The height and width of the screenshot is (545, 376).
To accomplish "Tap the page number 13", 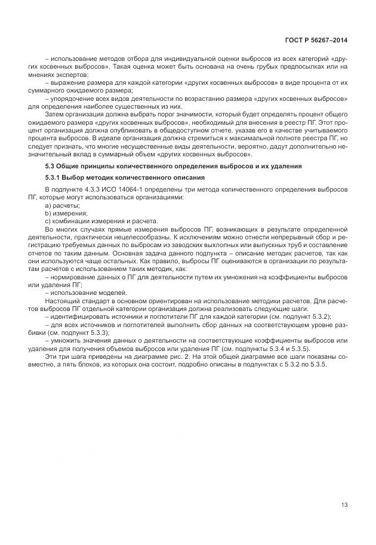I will click(344, 505).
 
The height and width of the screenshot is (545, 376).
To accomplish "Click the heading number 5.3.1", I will click(54, 178).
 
